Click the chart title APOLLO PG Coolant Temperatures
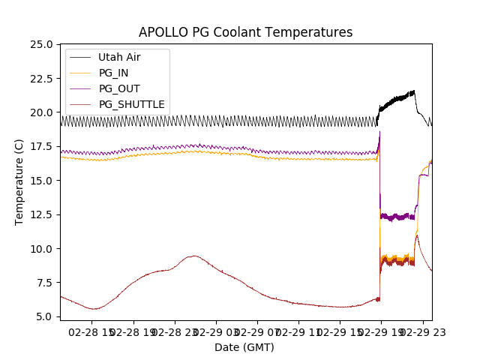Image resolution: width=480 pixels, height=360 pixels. pyautogui.click(x=245, y=32)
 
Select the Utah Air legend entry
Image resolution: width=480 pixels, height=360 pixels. pyautogui.click(x=119, y=57)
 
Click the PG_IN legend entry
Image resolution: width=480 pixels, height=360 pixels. pyautogui.click(x=113, y=73)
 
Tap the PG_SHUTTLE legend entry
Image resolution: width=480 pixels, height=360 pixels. pyautogui.click(x=131, y=104)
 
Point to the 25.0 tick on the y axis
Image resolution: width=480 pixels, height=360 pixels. pyautogui.click(x=41, y=44)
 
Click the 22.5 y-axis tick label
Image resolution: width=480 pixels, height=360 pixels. pyautogui.click(x=41, y=78)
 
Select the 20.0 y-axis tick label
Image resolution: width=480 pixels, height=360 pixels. pyautogui.click(x=41, y=112)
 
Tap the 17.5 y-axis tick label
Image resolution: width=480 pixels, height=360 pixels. pyautogui.click(x=41, y=146)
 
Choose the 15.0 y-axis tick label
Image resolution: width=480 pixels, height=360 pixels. pyautogui.click(x=41, y=181)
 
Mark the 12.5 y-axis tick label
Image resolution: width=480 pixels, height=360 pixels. pyautogui.click(x=41, y=214)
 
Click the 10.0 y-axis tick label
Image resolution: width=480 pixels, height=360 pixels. pyautogui.click(x=41, y=249)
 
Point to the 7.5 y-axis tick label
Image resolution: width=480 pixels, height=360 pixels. pyautogui.click(x=44, y=283)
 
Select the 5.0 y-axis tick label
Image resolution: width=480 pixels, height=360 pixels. pyautogui.click(x=44, y=316)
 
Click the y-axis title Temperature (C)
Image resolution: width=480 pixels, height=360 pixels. pyautogui.click(x=19, y=182)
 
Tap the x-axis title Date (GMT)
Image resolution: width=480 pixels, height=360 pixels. pyautogui.click(x=244, y=347)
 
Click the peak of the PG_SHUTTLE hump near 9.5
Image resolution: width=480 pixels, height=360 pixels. pyautogui.click(x=193, y=256)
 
